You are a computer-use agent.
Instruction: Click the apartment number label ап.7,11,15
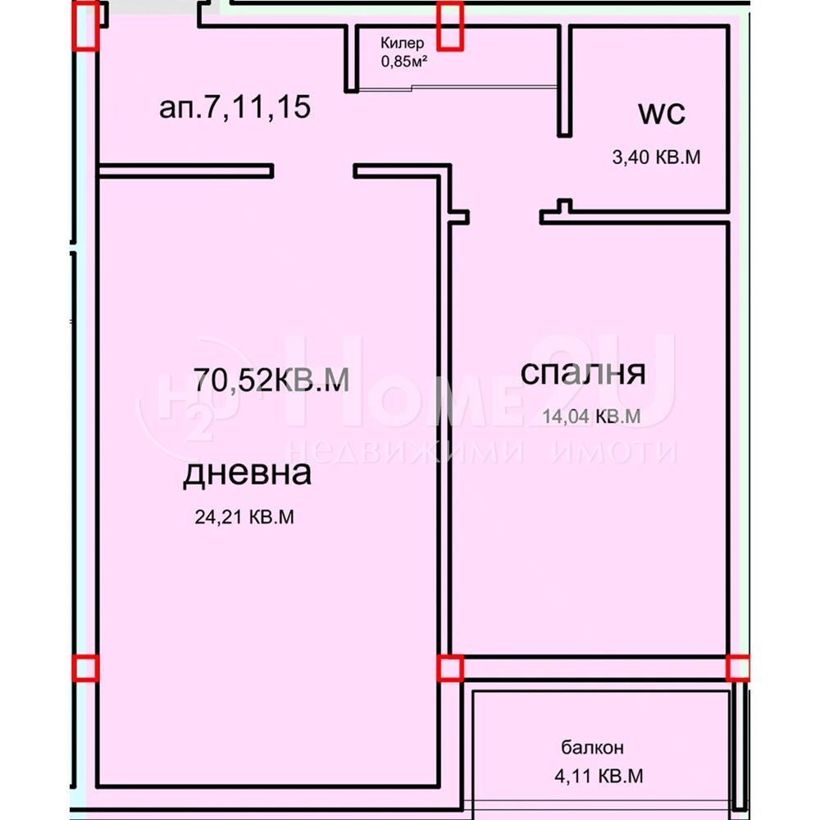[x=235, y=107]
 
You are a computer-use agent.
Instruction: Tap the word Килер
[x=402, y=43]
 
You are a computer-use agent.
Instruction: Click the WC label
[x=661, y=114]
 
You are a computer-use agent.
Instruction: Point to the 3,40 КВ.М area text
[x=656, y=157]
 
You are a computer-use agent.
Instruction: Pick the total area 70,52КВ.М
[x=271, y=380]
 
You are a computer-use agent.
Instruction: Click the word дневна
[x=247, y=473]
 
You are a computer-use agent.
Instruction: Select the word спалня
[x=583, y=373]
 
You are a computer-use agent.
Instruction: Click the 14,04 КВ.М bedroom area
[x=590, y=417]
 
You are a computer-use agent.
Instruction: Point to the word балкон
[x=593, y=747]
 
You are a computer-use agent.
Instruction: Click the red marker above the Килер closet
[x=449, y=25]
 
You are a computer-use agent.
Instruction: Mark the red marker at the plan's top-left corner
[x=87, y=25]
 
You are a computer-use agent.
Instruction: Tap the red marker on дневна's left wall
[x=85, y=668]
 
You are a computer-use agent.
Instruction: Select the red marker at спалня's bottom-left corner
[x=449, y=668]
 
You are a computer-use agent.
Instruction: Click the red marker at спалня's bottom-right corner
[x=739, y=667]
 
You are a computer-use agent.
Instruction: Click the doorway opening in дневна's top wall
[x=313, y=171]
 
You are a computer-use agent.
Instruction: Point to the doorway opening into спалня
[x=503, y=217]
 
